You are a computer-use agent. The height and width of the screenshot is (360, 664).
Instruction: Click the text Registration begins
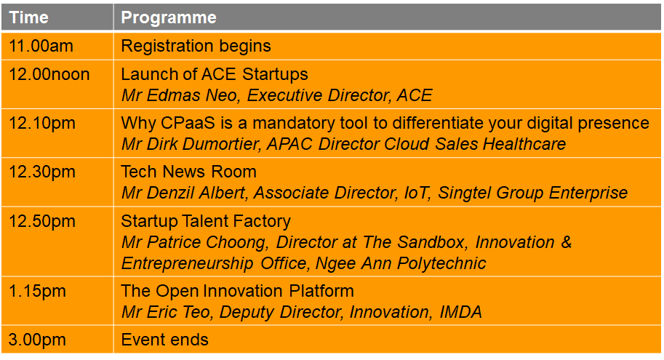(196, 46)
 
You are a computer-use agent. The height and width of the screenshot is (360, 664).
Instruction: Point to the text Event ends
(165, 340)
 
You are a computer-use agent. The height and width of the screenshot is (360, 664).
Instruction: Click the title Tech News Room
(189, 172)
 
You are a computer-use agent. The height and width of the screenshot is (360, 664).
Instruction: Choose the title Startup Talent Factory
(206, 222)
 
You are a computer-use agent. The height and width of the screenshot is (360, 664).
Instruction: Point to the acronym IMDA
(461, 312)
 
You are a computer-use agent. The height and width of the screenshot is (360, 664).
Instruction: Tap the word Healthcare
(524, 144)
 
